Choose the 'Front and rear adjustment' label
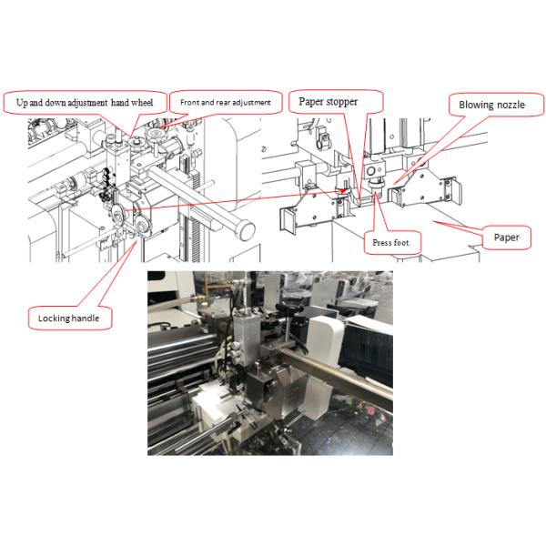pyautogui.click(x=225, y=102)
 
